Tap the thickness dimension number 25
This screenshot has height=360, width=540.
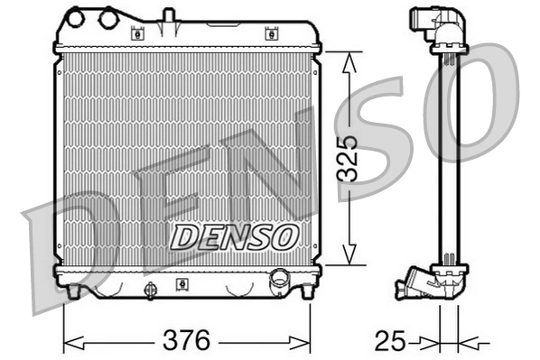tap(389, 342)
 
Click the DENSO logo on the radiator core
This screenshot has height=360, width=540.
tap(235, 236)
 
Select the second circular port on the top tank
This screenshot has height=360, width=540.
tap(109, 17)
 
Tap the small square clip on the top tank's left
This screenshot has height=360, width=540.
tap(138, 34)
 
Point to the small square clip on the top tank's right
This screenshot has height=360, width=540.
tap(269, 34)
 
